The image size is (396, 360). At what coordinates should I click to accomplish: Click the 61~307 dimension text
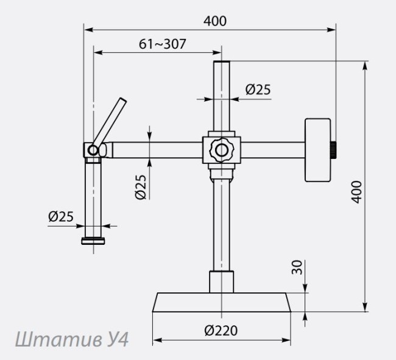pos(163,44)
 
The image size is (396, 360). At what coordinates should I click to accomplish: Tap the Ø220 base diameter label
pos(221,331)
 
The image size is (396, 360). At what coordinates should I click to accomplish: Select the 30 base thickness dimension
pos(297,267)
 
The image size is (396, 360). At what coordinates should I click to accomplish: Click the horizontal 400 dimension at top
pos(215,21)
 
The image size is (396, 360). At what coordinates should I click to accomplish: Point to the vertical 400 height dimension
pos(356,192)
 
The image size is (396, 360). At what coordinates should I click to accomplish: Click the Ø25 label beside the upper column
pos(258,90)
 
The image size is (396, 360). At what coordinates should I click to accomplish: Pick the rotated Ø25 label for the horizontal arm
pos(141,187)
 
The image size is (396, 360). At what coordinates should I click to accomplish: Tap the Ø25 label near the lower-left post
pos(61,216)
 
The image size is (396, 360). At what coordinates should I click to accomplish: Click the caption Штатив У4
pos(72,339)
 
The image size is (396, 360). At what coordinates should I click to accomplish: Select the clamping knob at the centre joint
pos(222,150)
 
